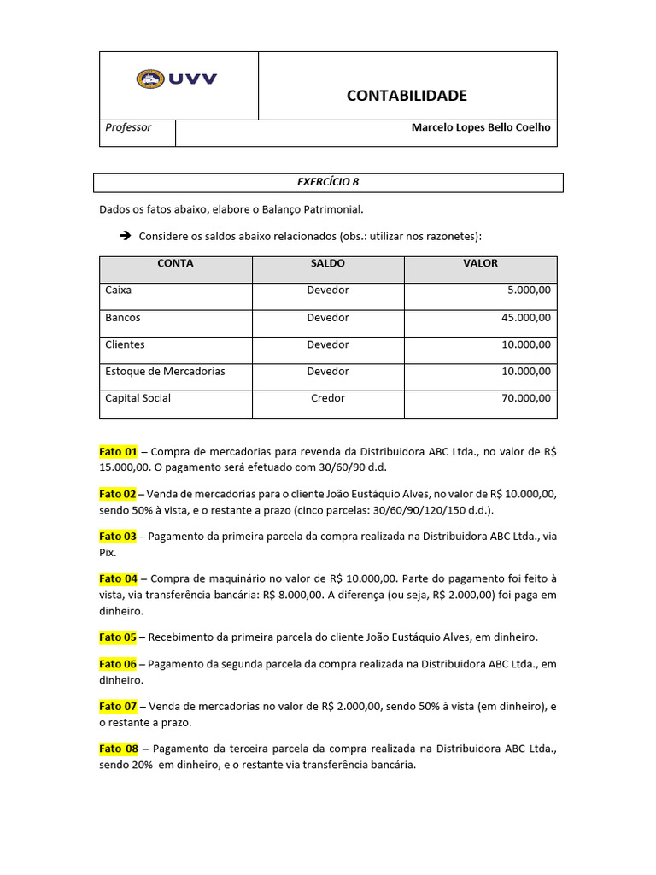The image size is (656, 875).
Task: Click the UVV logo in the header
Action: pos(177,79)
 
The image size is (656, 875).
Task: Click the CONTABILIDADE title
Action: pos(407,96)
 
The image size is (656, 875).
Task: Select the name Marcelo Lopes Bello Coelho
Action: pos(481,127)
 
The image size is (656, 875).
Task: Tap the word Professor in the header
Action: pos(128,127)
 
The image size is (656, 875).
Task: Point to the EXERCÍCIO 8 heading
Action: pos(327,182)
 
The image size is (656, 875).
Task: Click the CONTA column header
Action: pos(175,264)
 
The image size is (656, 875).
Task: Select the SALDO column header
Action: pos(328,264)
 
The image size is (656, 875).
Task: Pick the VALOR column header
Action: pos(480,264)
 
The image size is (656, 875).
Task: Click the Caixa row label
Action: pos(119,291)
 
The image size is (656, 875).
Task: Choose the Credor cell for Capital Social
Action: pos(328,398)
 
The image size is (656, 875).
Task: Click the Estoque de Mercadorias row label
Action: pos(165,372)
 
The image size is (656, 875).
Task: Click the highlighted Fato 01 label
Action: pos(118,451)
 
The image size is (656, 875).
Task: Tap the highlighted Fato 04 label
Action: pos(118,578)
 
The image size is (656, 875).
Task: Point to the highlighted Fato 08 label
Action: pos(118,749)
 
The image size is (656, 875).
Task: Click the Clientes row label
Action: pos(125,344)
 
